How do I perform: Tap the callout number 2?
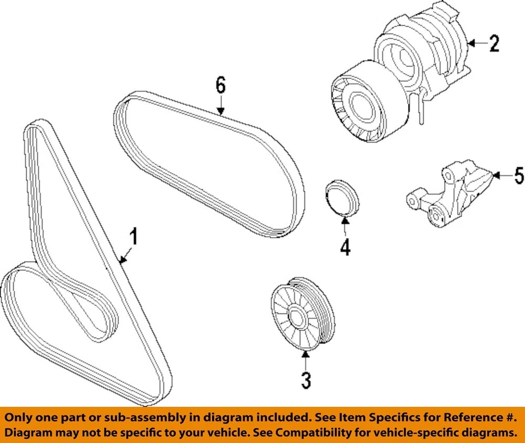point(494,43)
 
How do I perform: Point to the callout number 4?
point(345,247)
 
